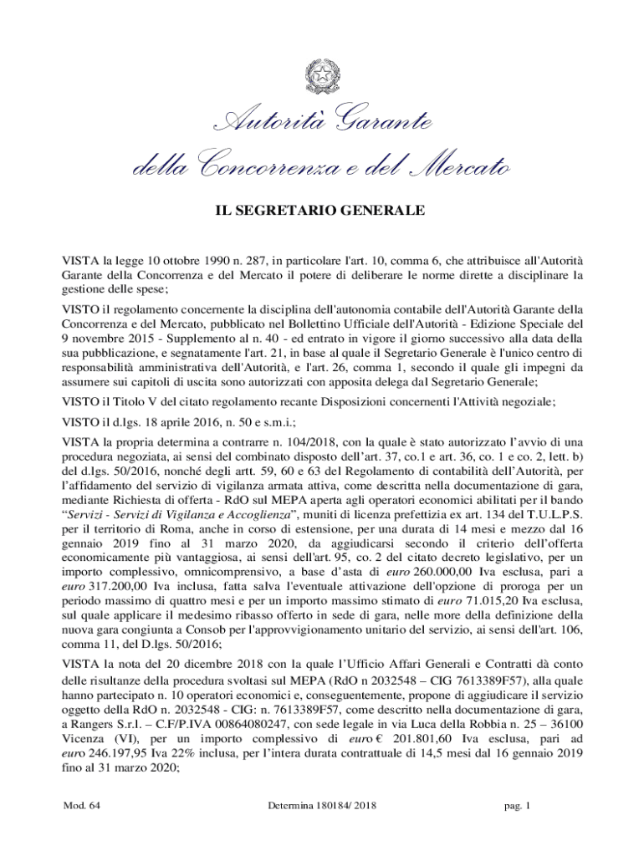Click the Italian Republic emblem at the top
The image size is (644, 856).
pos(322,76)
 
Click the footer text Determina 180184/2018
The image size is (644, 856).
pos(321,807)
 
